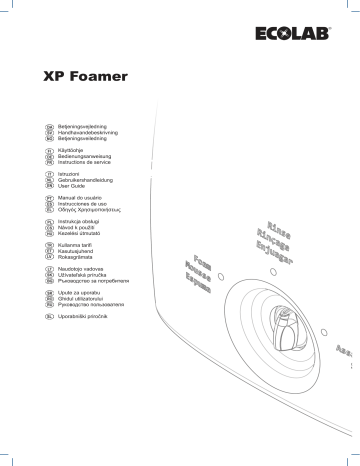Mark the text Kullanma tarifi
click(x=83, y=243)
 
